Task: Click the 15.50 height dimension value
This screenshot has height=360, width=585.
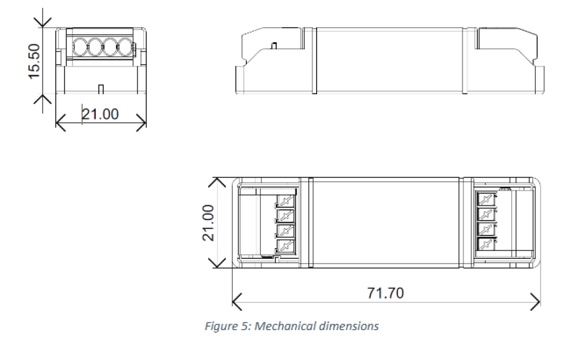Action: tap(34, 61)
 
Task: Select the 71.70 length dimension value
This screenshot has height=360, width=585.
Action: tap(386, 293)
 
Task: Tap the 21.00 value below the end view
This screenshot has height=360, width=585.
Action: tap(100, 114)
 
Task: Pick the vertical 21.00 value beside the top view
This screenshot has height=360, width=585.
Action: tap(208, 223)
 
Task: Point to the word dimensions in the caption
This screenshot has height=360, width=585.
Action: tap(349, 326)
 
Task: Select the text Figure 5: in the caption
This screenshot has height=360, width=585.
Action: tap(228, 327)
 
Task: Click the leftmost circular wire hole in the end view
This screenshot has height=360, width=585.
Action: tap(79, 47)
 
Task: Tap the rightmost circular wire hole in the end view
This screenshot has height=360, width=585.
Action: tap(125, 47)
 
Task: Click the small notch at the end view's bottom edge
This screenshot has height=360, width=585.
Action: tap(101, 89)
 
